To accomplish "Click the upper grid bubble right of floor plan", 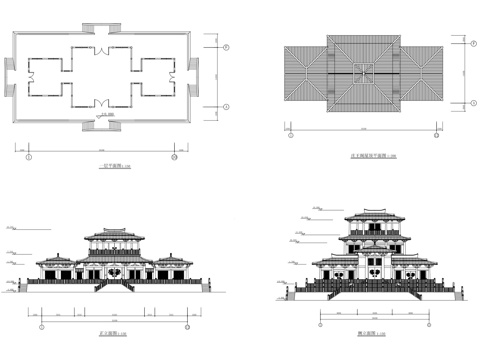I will pyautogui.click(x=225, y=47).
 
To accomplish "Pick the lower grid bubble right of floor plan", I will pyautogui.click(x=225, y=105).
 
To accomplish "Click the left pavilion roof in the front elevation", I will pyautogui.click(x=51, y=259).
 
